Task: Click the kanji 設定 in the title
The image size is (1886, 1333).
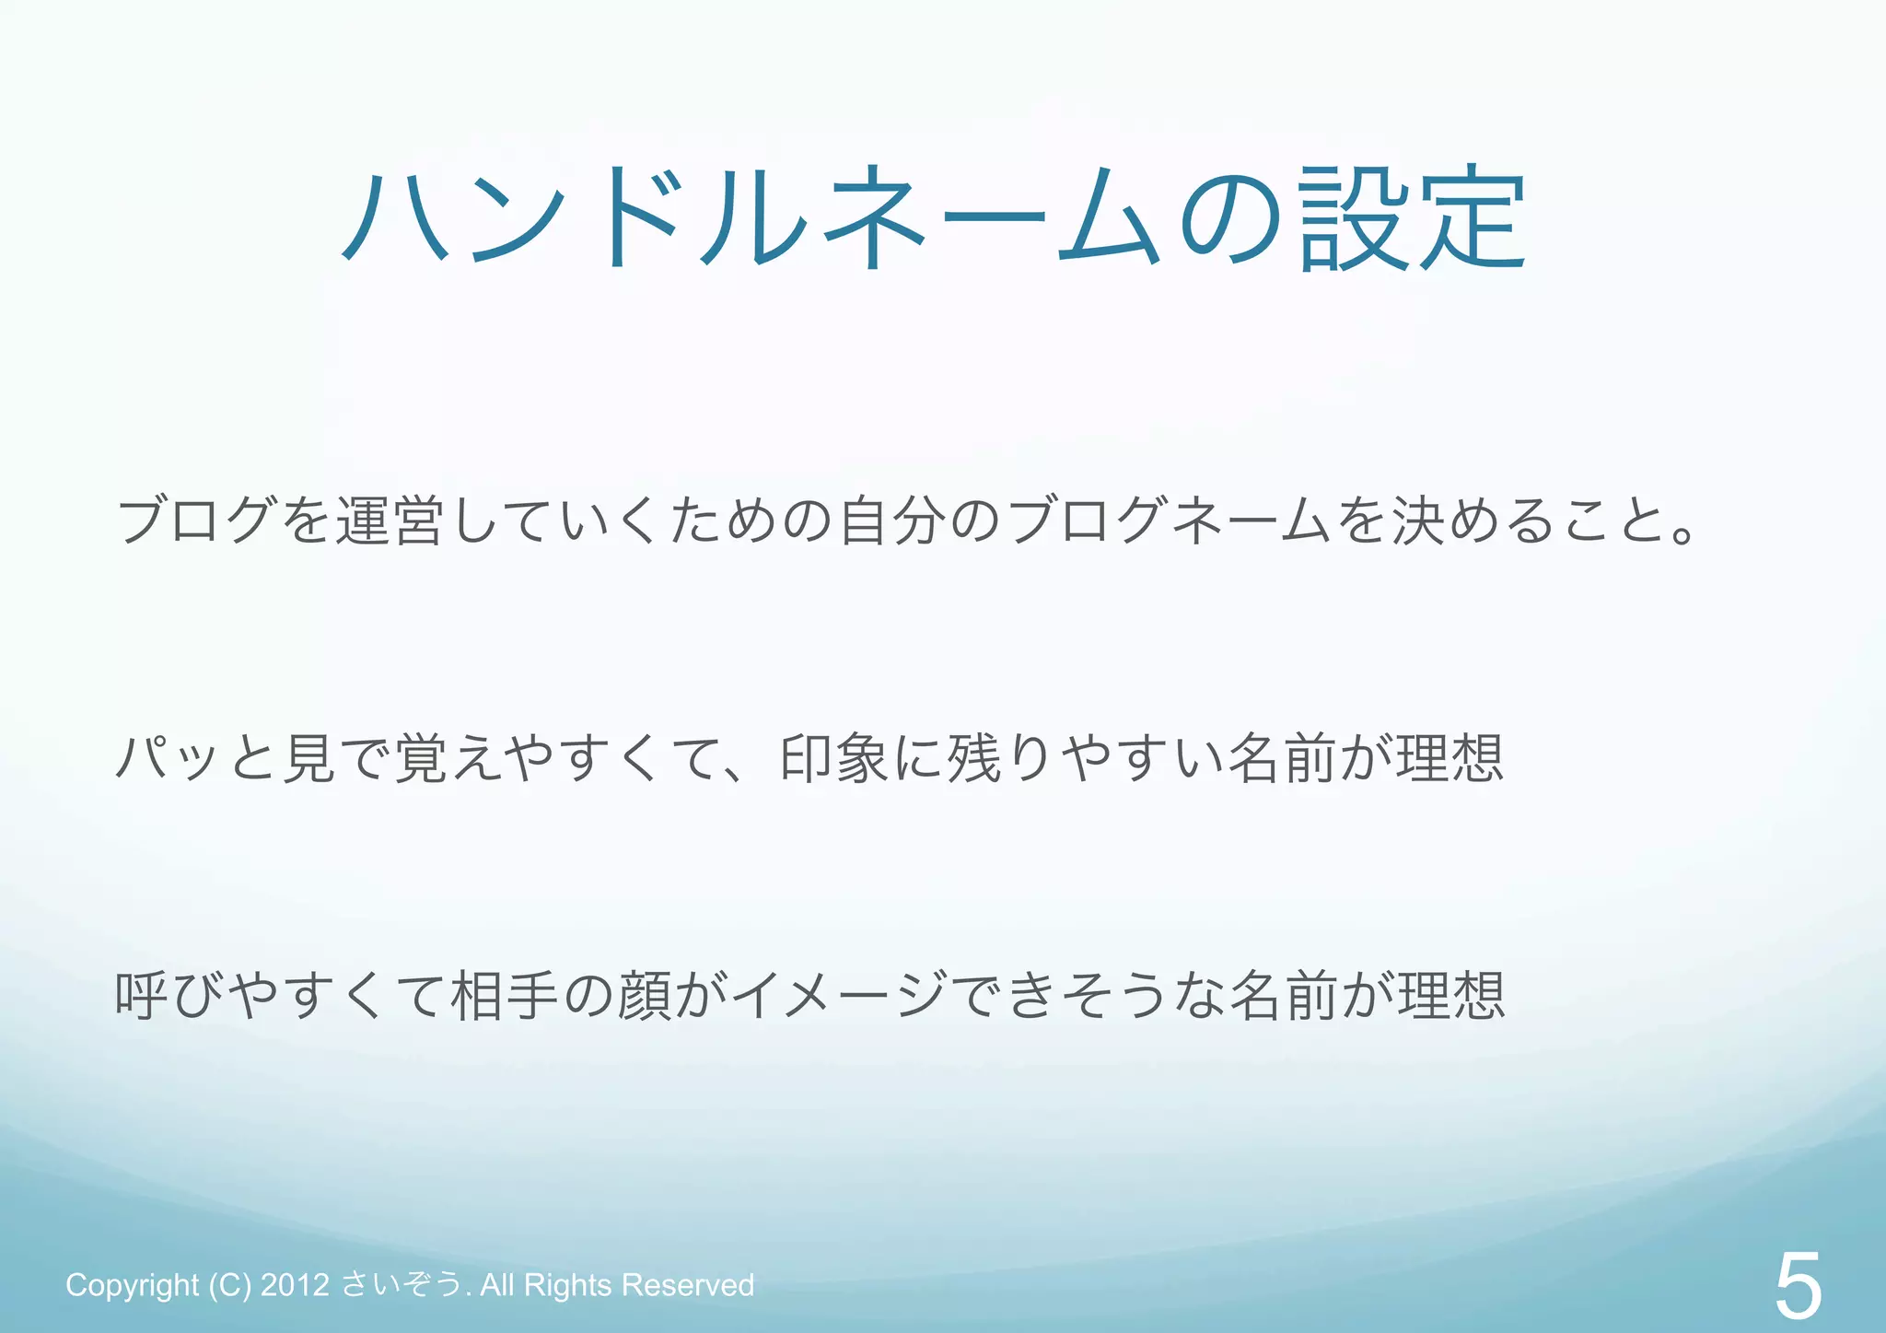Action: (x=1414, y=218)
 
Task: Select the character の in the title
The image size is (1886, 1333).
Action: (x=1230, y=218)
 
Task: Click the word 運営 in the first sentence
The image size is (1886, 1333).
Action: (x=389, y=521)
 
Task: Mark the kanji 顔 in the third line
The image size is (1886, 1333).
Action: (x=644, y=996)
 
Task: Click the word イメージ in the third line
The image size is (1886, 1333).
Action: (x=839, y=996)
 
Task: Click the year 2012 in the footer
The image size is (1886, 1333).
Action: (x=295, y=1284)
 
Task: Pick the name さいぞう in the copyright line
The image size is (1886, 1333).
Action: (x=402, y=1284)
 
